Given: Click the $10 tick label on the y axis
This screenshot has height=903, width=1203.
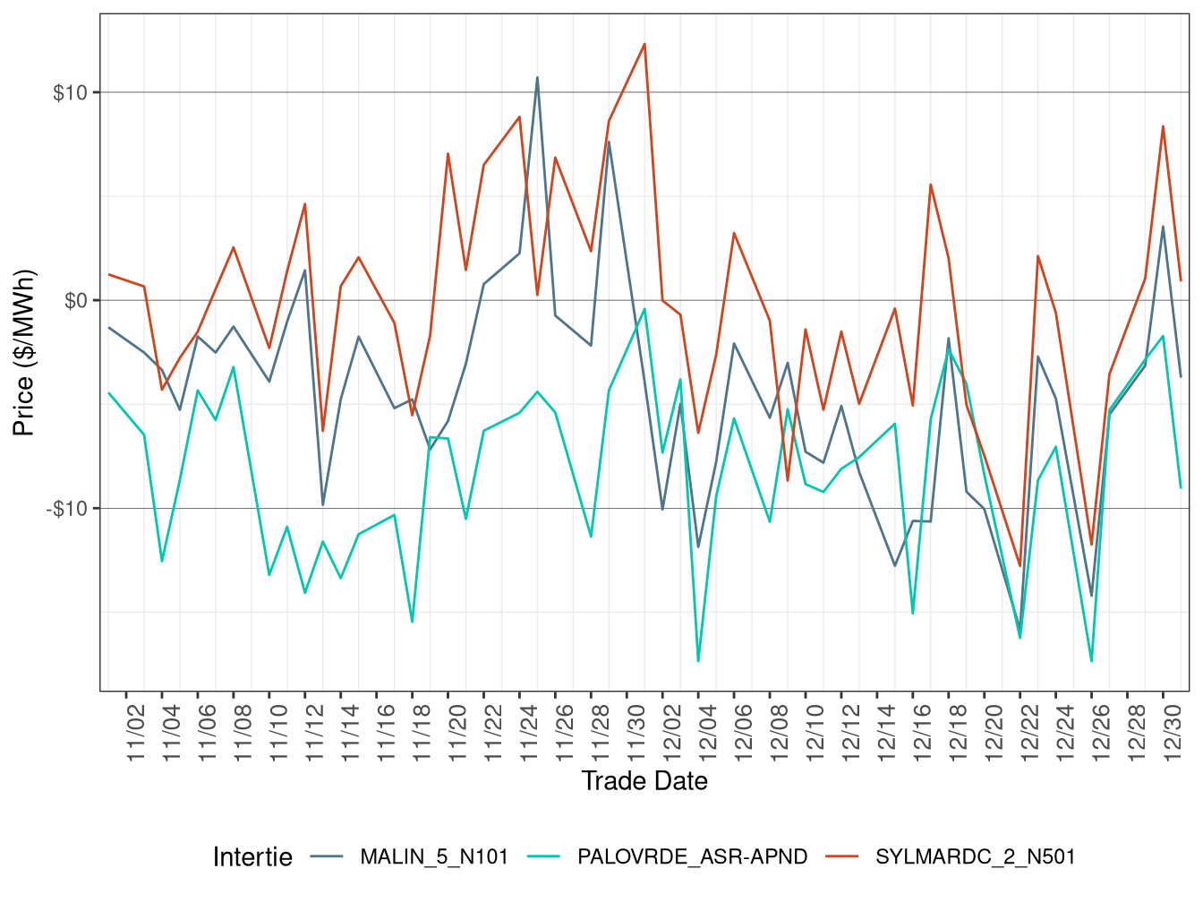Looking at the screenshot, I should pos(70,93).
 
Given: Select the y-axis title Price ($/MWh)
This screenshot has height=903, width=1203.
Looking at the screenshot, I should pos(23,353).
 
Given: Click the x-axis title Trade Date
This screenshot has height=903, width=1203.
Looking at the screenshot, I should pos(644,781).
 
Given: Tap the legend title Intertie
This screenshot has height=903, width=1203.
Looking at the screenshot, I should pos(252,857).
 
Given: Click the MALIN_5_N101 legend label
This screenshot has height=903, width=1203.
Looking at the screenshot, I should pos(433,857).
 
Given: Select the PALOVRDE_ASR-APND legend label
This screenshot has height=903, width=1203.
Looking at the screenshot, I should pos(692,857).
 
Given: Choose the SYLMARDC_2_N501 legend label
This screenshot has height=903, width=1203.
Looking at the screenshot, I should pos(975,857).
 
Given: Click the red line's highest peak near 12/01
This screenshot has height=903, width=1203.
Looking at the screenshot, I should pos(644,44).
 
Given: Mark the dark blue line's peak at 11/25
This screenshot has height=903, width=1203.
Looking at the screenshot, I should pos(537,77).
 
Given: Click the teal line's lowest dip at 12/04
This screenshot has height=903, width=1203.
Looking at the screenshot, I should pos(698,661).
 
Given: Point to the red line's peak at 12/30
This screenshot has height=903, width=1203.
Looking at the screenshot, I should pos(1163,126).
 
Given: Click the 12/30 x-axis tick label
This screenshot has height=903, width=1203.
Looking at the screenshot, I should pos(1173,734).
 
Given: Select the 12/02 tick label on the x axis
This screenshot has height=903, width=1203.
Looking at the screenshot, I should pos(672,734).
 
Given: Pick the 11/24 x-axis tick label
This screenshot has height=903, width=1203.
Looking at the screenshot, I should pos(529,734).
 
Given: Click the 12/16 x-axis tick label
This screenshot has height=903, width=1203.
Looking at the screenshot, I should pos(923,734).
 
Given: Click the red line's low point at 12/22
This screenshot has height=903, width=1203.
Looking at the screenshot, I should pos(1020,566).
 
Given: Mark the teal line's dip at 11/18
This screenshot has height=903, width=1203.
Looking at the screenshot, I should pos(412,622).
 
